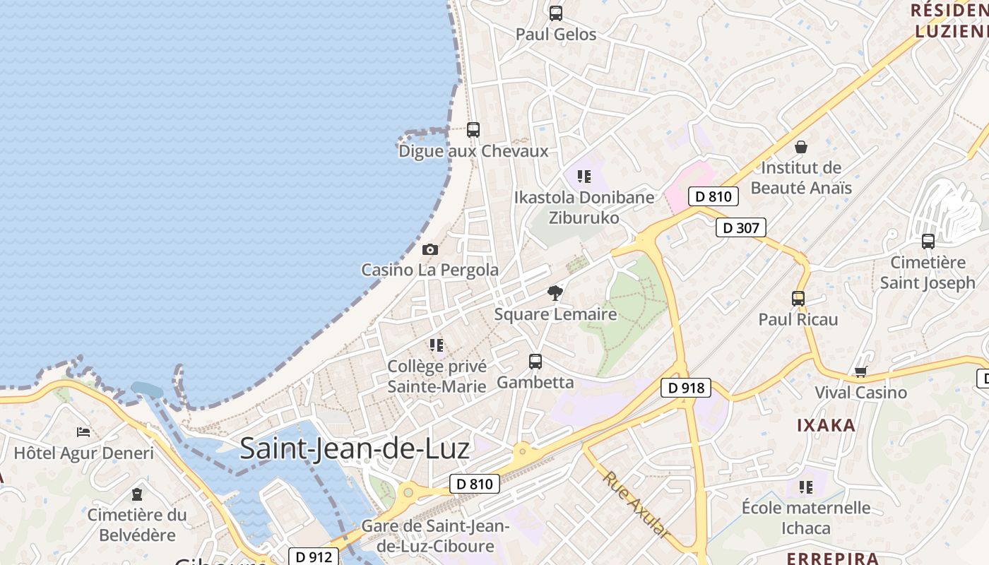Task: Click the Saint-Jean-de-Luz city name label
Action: pos(355,448)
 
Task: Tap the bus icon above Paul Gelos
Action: pos(556,13)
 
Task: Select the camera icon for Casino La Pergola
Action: pos(430,249)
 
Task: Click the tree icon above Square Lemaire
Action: pos(555,292)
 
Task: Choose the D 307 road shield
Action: pos(740,227)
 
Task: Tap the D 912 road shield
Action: pos(314,557)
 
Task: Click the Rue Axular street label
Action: pos(636,505)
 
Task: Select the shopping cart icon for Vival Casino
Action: pos(860,371)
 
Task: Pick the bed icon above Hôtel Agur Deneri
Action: pos(83,432)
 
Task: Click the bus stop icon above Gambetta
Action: pos(535,362)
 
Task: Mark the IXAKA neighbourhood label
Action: pos(826,425)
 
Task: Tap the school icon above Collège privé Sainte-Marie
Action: pos(437,345)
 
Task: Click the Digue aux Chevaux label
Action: pos(473,151)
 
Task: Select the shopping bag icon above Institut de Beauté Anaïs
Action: pos(801,147)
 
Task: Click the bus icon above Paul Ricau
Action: pos(798,298)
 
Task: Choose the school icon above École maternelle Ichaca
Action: pos(806,487)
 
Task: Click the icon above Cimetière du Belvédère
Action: pos(137,494)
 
